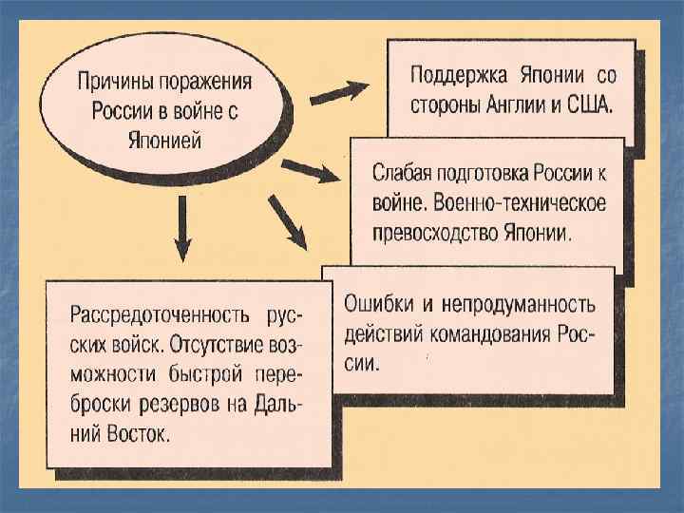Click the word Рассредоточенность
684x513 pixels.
[x=157, y=315]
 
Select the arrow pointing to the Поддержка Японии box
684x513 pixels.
[x=339, y=91]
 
